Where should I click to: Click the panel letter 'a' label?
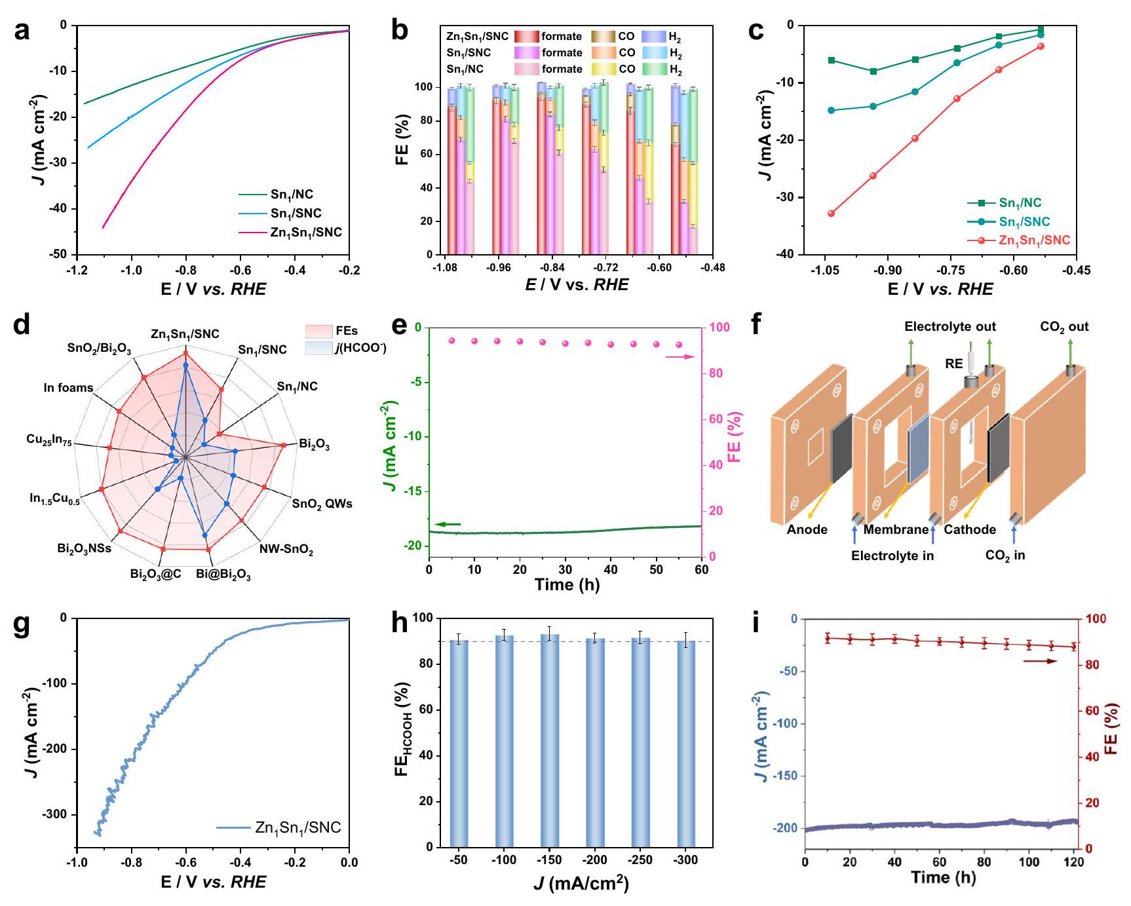point(22,31)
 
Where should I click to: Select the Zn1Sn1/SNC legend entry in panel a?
point(305,233)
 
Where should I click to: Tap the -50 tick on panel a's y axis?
point(59,254)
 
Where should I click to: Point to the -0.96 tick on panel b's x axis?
point(499,268)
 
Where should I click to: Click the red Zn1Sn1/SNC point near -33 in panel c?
point(831,213)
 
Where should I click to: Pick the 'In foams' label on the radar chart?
point(68,388)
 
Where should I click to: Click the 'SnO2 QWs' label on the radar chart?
point(322,504)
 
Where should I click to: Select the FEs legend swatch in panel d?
point(319,331)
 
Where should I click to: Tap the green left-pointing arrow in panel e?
point(448,524)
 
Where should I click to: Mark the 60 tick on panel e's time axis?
point(701,570)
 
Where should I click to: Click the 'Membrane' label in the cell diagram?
point(896,529)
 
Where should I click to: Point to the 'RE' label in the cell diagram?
point(953,364)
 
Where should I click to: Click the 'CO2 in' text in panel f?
point(1005,556)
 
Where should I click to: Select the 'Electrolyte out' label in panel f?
point(949,326)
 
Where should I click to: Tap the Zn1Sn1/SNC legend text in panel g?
point(298,828)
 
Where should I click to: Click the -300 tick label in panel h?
point(685,860)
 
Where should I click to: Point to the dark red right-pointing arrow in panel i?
point(1040,661)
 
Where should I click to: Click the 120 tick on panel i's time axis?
point(1074,861)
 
